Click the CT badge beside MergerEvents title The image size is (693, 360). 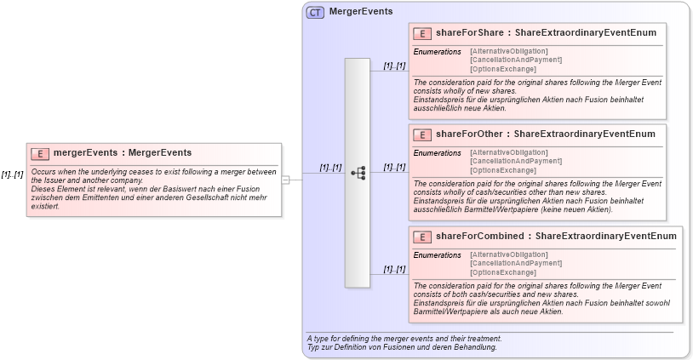point(315,13)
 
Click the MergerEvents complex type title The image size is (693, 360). point(361,13)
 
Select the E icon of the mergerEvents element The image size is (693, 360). point(40,153)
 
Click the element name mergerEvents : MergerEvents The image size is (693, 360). point(123,153)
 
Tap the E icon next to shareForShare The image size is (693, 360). point(422,33)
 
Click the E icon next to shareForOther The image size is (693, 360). point(422,134)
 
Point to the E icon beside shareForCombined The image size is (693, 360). point(422,237)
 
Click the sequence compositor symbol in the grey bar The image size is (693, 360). point(358,173)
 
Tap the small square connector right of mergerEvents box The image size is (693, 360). point(286,180)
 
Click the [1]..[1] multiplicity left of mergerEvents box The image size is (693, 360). point(12,174)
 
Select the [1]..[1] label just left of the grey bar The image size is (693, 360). point(330,168)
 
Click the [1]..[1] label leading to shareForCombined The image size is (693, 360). point(394,269)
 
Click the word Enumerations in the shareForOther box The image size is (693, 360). point(437,153)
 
